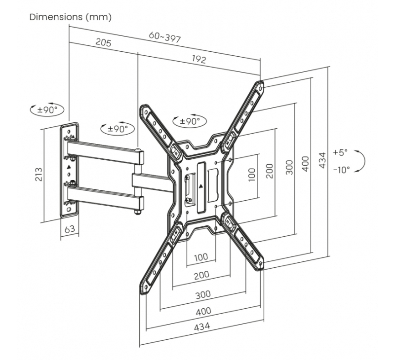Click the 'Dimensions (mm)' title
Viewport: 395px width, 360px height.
(71, 17)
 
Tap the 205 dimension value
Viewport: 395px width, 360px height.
(103, 43)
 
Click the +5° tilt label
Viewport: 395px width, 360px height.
(340, 152)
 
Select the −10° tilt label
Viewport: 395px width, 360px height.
(341, 169)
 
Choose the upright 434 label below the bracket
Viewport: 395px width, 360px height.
(201, 326)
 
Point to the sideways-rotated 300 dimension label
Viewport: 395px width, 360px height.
(289, 168)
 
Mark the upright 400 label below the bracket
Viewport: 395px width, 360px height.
(203, 311)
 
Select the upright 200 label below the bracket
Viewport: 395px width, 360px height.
(201, 275)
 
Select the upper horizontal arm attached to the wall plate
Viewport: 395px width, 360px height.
(104, 151)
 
